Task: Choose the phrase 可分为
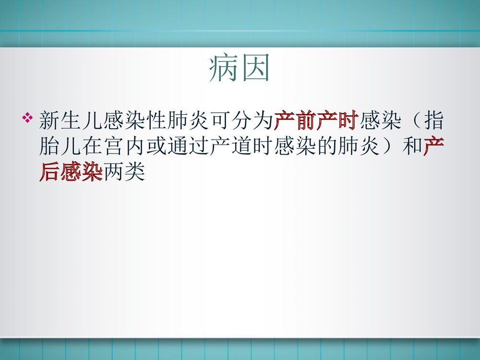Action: [x=241, y=121]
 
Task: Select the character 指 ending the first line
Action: [x=433, y=121]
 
